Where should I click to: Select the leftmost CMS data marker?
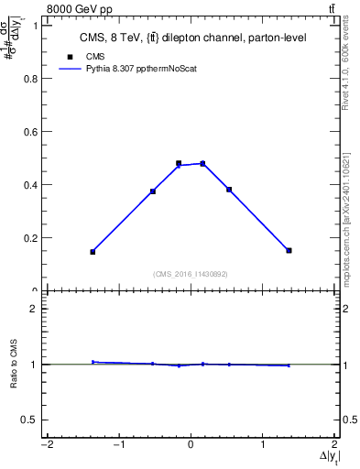(x=93, y=251)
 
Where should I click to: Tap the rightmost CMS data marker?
(x=289, y=250)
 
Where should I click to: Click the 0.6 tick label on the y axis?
(x=30, y=132)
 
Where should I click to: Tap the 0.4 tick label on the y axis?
(x=30, y=185)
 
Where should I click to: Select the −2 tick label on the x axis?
(x=45, y=444)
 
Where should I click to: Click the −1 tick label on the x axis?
(x=117, y=444)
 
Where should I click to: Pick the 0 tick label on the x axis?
(x=191, y=444)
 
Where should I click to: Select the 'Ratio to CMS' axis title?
(x=14, y=365)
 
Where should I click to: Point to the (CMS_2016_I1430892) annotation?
(x=191, y=274)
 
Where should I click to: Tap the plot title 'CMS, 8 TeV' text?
(x=191, y=38)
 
